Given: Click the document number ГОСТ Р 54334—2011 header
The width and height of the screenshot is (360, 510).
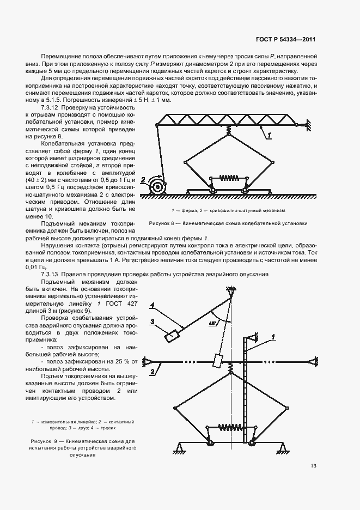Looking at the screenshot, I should [287, 40].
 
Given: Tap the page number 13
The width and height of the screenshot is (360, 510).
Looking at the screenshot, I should [313, 465].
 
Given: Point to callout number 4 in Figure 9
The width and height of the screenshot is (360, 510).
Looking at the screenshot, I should [154, 304].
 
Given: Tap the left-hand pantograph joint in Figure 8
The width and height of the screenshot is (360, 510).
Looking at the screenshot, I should [186, 161].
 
